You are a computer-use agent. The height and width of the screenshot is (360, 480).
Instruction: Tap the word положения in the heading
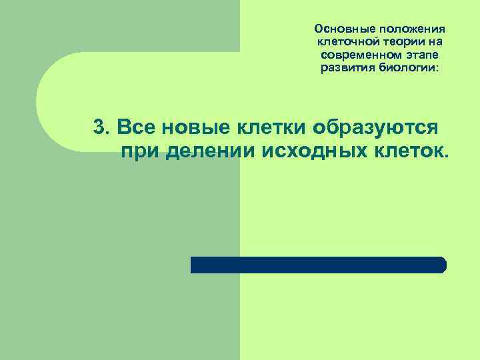click(411, 29)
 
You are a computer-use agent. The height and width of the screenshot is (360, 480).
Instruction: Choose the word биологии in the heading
click(407, 69)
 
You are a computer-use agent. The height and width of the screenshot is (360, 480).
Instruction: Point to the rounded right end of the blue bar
click(442, 265)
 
